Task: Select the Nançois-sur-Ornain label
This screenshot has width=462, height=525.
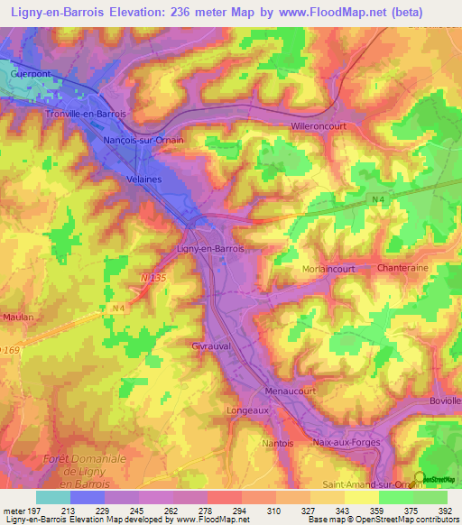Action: coord(143,140)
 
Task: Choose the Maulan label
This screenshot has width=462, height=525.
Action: coord(17,318)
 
